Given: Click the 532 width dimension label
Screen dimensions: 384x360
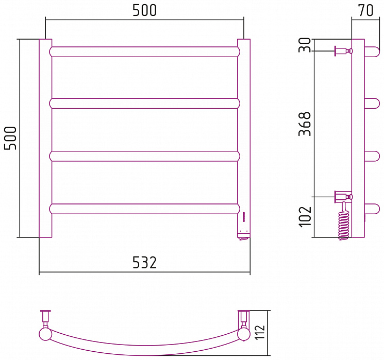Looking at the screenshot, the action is point(144,262).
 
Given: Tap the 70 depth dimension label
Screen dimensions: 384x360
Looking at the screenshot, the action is point(365,10).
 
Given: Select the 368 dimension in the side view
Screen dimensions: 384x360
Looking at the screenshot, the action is point(305,124).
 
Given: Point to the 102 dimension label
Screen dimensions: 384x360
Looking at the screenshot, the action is point(305,217).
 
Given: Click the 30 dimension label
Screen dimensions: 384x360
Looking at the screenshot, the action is point(305,45).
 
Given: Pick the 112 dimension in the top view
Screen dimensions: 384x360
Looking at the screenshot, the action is point(260,332).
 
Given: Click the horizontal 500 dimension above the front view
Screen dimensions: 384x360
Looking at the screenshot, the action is point(144,10).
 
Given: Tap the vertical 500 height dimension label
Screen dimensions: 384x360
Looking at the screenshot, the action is point(10,138).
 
